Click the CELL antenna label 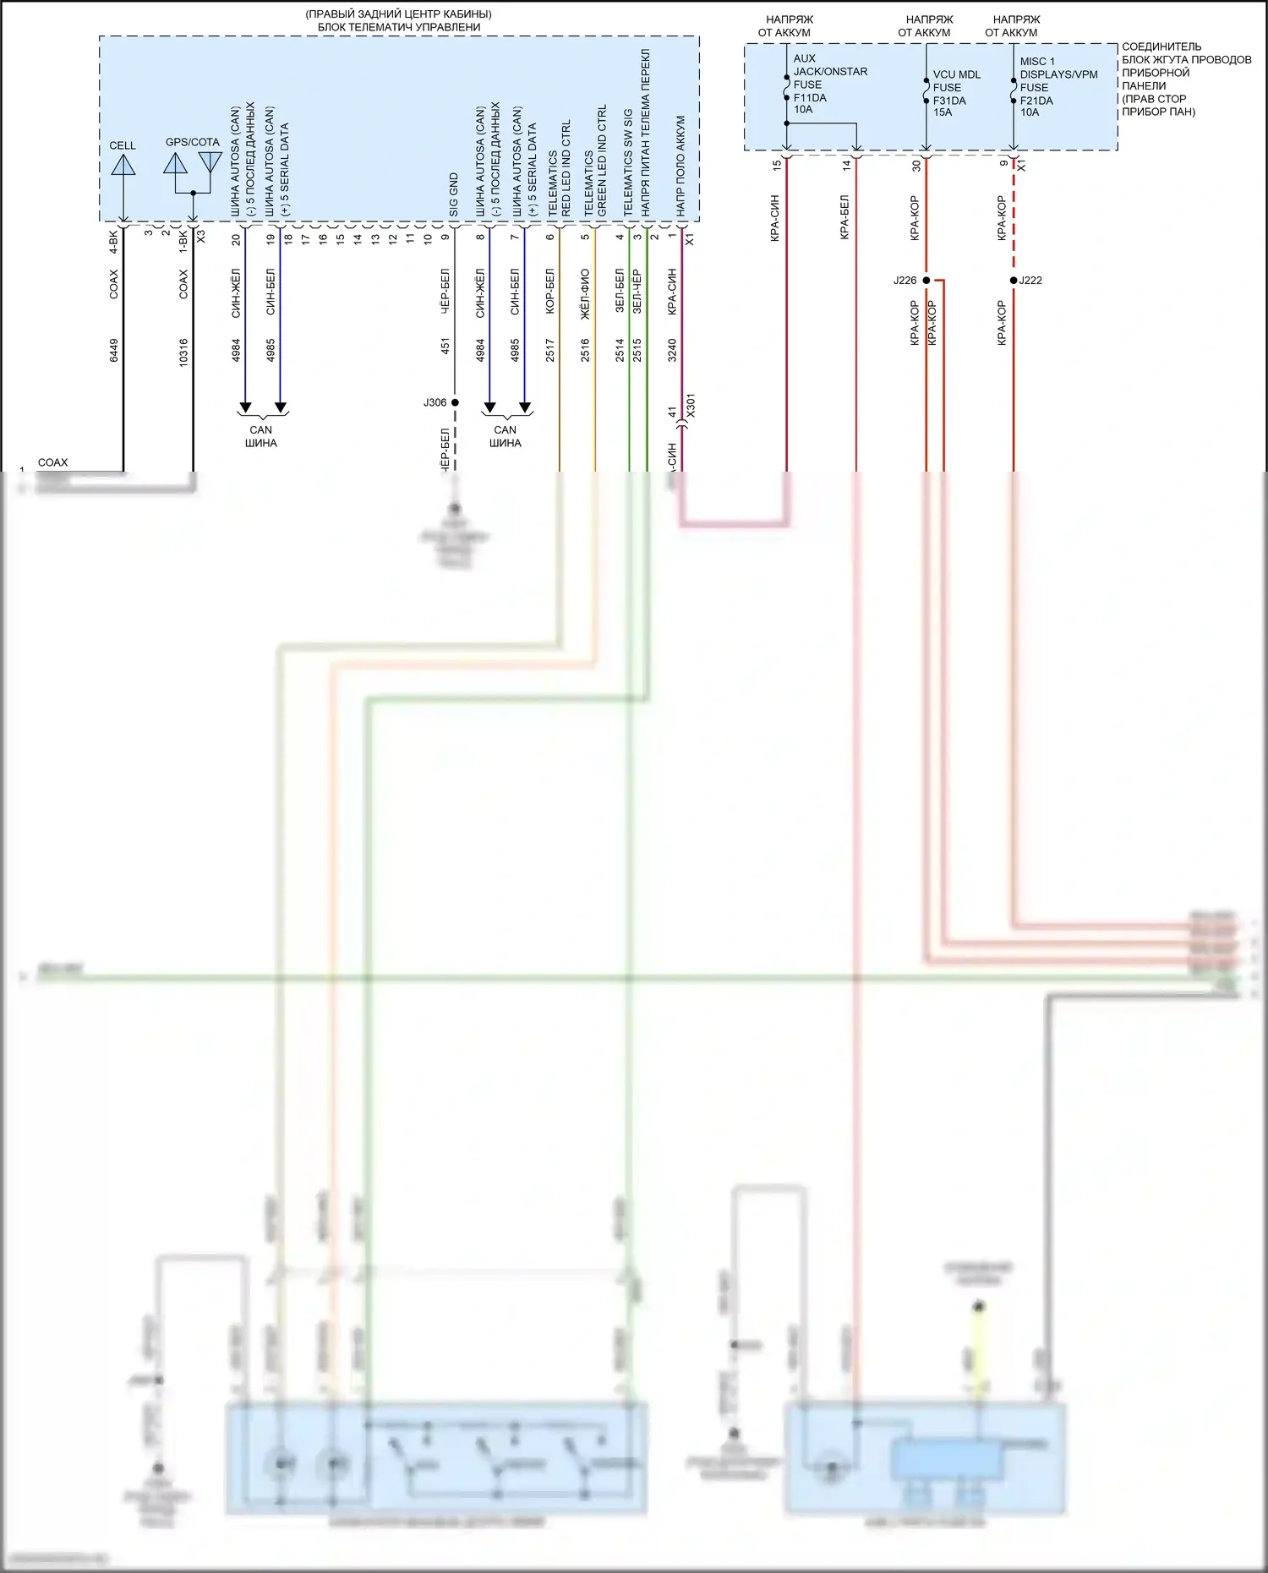coord(123,145)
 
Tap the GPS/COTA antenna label coord(192,142)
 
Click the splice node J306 coord(455,402)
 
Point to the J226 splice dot coord(926,281)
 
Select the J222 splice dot coord(1014,281)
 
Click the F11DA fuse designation coord(810,97)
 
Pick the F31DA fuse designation coord(949,100)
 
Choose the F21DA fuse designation coord(1036,100)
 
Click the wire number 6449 coord(114,350)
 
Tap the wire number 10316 coord(183,352)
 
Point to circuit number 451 coord(445,346)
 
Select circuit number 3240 coord(672,350)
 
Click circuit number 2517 coord(550,350)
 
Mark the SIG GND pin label coord(454,195)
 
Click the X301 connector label coord(691,406)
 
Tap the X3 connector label coord(201,237)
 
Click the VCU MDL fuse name coord(957,74)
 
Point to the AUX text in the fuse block coord(804,58)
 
